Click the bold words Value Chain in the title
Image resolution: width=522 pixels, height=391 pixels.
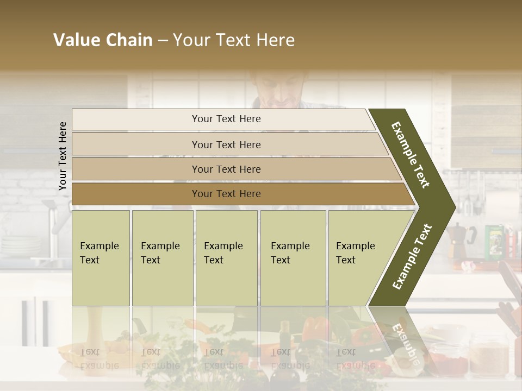point(103,40)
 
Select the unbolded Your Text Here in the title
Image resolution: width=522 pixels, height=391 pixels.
point(234,40)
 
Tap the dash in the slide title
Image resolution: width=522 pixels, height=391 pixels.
point(163,41)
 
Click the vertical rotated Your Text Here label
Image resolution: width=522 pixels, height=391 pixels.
point(63,156)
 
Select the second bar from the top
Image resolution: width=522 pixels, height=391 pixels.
point(226,144)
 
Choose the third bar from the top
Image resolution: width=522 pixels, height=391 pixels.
point(226,169)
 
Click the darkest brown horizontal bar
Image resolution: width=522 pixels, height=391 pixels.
point(226,194)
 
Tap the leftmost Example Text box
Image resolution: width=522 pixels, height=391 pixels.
point(101,258)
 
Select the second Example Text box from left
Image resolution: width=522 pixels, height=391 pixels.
point(162,258)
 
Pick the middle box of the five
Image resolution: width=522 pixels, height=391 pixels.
point(226,258)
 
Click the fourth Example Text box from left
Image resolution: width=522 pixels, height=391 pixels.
point(294,258)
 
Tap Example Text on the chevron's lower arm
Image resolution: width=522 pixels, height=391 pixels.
point(412,256)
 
